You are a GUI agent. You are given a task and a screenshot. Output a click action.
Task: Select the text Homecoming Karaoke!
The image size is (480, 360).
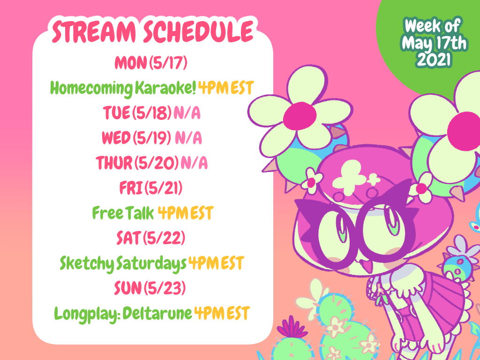point(123,88)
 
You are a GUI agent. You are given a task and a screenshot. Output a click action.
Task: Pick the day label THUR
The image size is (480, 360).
point(114,163)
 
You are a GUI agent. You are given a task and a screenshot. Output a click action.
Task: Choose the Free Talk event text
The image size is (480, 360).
point(123,214)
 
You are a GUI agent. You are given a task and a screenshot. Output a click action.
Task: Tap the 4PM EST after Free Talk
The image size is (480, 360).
point(185,214)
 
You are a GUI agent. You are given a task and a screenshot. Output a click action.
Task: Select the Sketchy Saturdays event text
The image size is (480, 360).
point(123,264)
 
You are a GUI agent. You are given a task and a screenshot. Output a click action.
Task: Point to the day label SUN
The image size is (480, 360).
point(128,289)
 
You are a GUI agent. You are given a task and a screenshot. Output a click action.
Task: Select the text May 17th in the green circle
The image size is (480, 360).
point(435,43)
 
